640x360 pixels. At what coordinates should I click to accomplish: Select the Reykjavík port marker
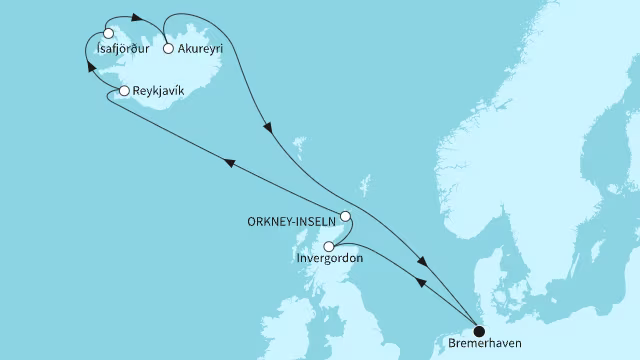124,91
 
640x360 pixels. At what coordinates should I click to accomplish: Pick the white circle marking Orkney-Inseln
345,216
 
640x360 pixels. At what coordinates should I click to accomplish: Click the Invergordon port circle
329,246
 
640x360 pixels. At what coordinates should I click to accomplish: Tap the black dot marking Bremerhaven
478,332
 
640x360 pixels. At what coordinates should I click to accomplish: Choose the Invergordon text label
331,260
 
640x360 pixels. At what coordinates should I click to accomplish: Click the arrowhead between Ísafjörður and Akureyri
135,17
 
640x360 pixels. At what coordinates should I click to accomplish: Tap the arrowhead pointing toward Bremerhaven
425,262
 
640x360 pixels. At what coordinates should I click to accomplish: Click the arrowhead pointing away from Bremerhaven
422,283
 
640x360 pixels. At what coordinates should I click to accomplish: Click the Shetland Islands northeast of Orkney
365,186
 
